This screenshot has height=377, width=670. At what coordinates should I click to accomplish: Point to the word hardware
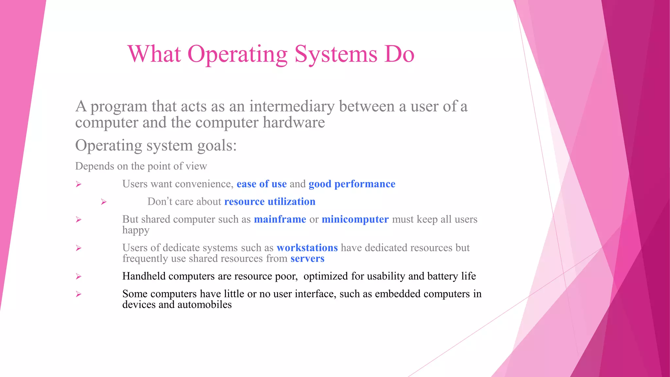pos(294,123)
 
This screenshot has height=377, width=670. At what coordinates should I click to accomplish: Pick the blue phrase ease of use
pos(261,184)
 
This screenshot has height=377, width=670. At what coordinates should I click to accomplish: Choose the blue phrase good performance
pos(352,184)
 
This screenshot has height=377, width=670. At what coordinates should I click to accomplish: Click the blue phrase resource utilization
pos(270,202)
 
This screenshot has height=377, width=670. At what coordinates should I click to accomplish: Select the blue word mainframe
pos(280,219)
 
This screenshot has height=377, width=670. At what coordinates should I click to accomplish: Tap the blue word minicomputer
pos(355,219)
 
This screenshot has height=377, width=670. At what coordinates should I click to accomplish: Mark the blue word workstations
pos(307,248)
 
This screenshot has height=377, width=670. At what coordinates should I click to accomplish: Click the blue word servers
pos(307,259)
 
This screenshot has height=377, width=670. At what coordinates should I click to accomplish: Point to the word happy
pos(136,230)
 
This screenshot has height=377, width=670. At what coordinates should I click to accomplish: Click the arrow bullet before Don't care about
pos(104,202)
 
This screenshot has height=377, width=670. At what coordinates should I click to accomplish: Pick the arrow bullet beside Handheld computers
pos(79,277)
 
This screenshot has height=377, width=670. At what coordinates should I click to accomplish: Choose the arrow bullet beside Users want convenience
pos(79,184)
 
